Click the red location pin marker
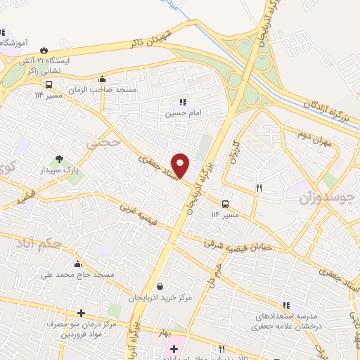coord(181,165)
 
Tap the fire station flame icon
coord(46,50)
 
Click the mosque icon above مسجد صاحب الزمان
coord(103,79)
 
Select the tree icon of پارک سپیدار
coord(59,159)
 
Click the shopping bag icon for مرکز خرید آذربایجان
coord(161,287)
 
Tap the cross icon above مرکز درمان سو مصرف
coord(81,313)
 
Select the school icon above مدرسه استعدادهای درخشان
coord(285,305)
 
